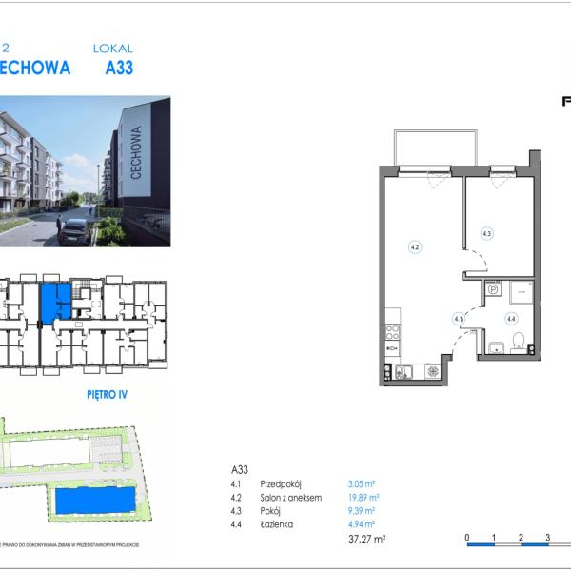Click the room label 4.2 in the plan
tap(415, 246)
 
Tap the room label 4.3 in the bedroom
tap(486, 232)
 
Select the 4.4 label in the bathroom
tap(511, 320)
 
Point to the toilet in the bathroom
tap(518, 341)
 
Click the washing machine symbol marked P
tap(493, 292)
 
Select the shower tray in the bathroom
tap(521, 292)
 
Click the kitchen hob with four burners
tap(391, 333)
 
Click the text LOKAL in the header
tap(113, 48)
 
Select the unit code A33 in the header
tap(118, 69)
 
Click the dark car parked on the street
tap(75, 231)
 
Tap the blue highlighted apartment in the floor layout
tap(54, 302)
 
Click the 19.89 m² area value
tap(363, 497)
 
